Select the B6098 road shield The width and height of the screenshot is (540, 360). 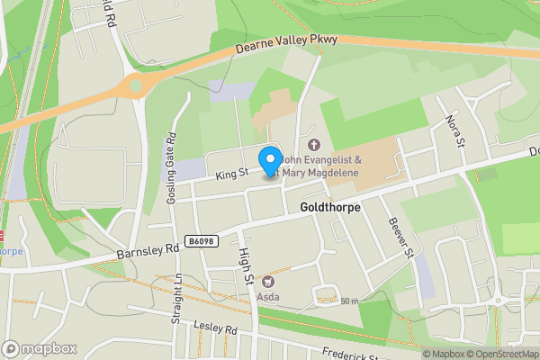[x=202, y=240]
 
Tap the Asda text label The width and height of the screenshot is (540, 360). [x=267, y=297]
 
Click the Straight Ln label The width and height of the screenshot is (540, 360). [x=178, y=299]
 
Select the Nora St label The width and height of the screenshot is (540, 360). [x=454, y=130]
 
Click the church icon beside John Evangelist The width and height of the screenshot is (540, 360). [x=314, y=145]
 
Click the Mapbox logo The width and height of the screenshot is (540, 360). [x=40, y=348]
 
